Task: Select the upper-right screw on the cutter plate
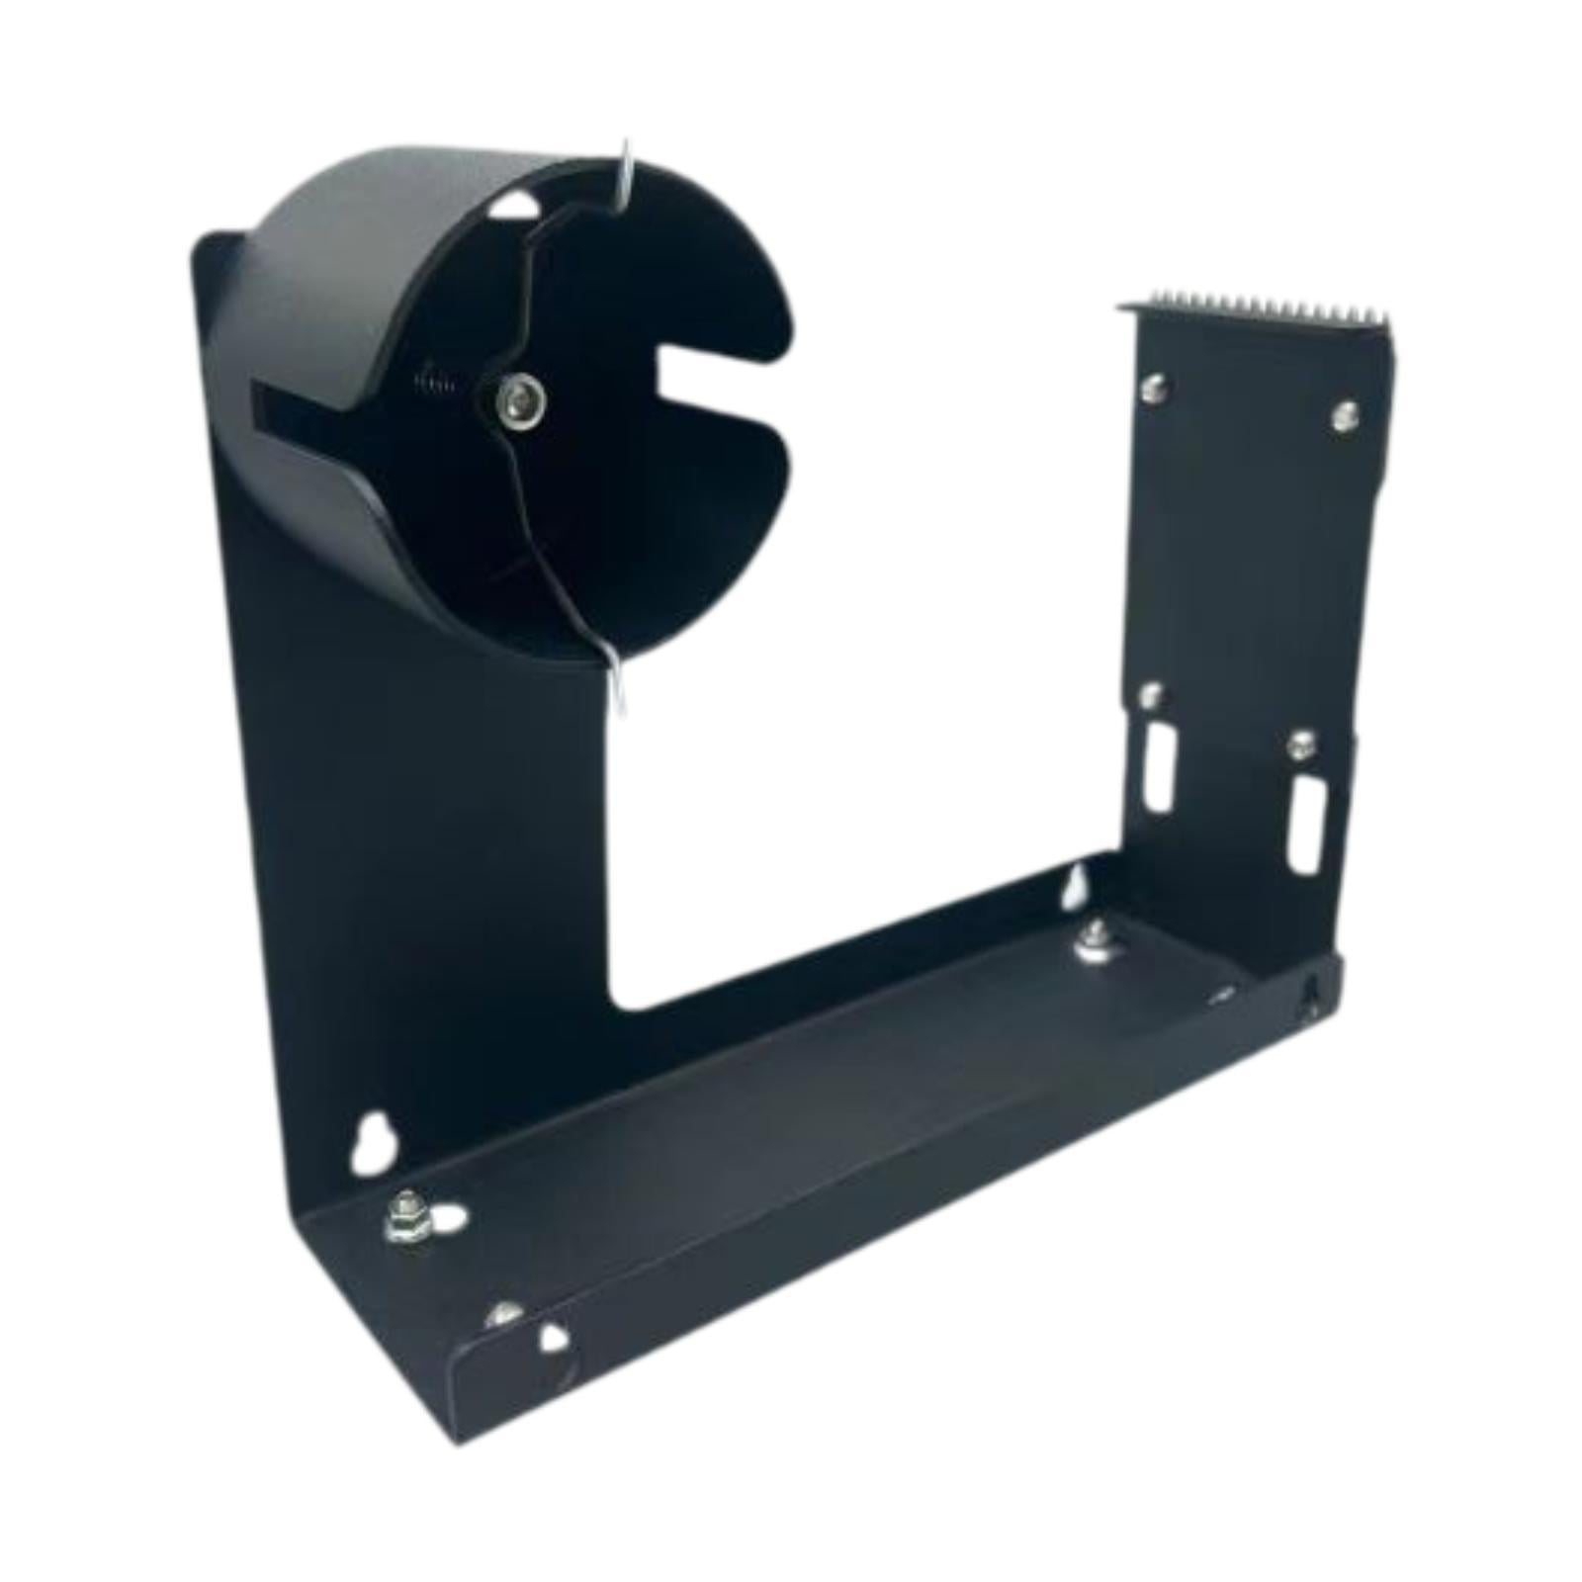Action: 1342,415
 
